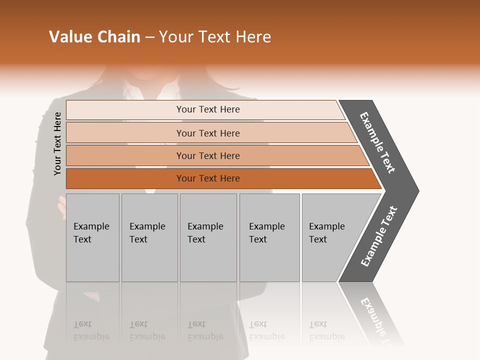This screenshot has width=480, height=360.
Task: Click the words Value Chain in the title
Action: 94,37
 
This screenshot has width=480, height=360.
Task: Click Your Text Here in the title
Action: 215,37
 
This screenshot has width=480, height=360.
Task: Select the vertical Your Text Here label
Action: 57,143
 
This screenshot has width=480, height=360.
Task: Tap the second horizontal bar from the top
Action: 207,133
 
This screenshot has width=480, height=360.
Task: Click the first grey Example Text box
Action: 92,237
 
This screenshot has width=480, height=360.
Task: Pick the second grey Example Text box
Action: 149,237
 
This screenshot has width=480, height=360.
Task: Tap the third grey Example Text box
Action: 207,237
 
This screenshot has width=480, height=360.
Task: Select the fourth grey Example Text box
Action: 269,237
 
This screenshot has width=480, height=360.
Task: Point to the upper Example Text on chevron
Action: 377,142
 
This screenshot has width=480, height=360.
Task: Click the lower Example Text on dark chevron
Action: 378,236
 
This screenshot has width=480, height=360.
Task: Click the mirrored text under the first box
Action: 91,330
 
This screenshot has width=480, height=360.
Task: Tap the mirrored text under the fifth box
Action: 326,330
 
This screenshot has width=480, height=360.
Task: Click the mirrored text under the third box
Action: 205,330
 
